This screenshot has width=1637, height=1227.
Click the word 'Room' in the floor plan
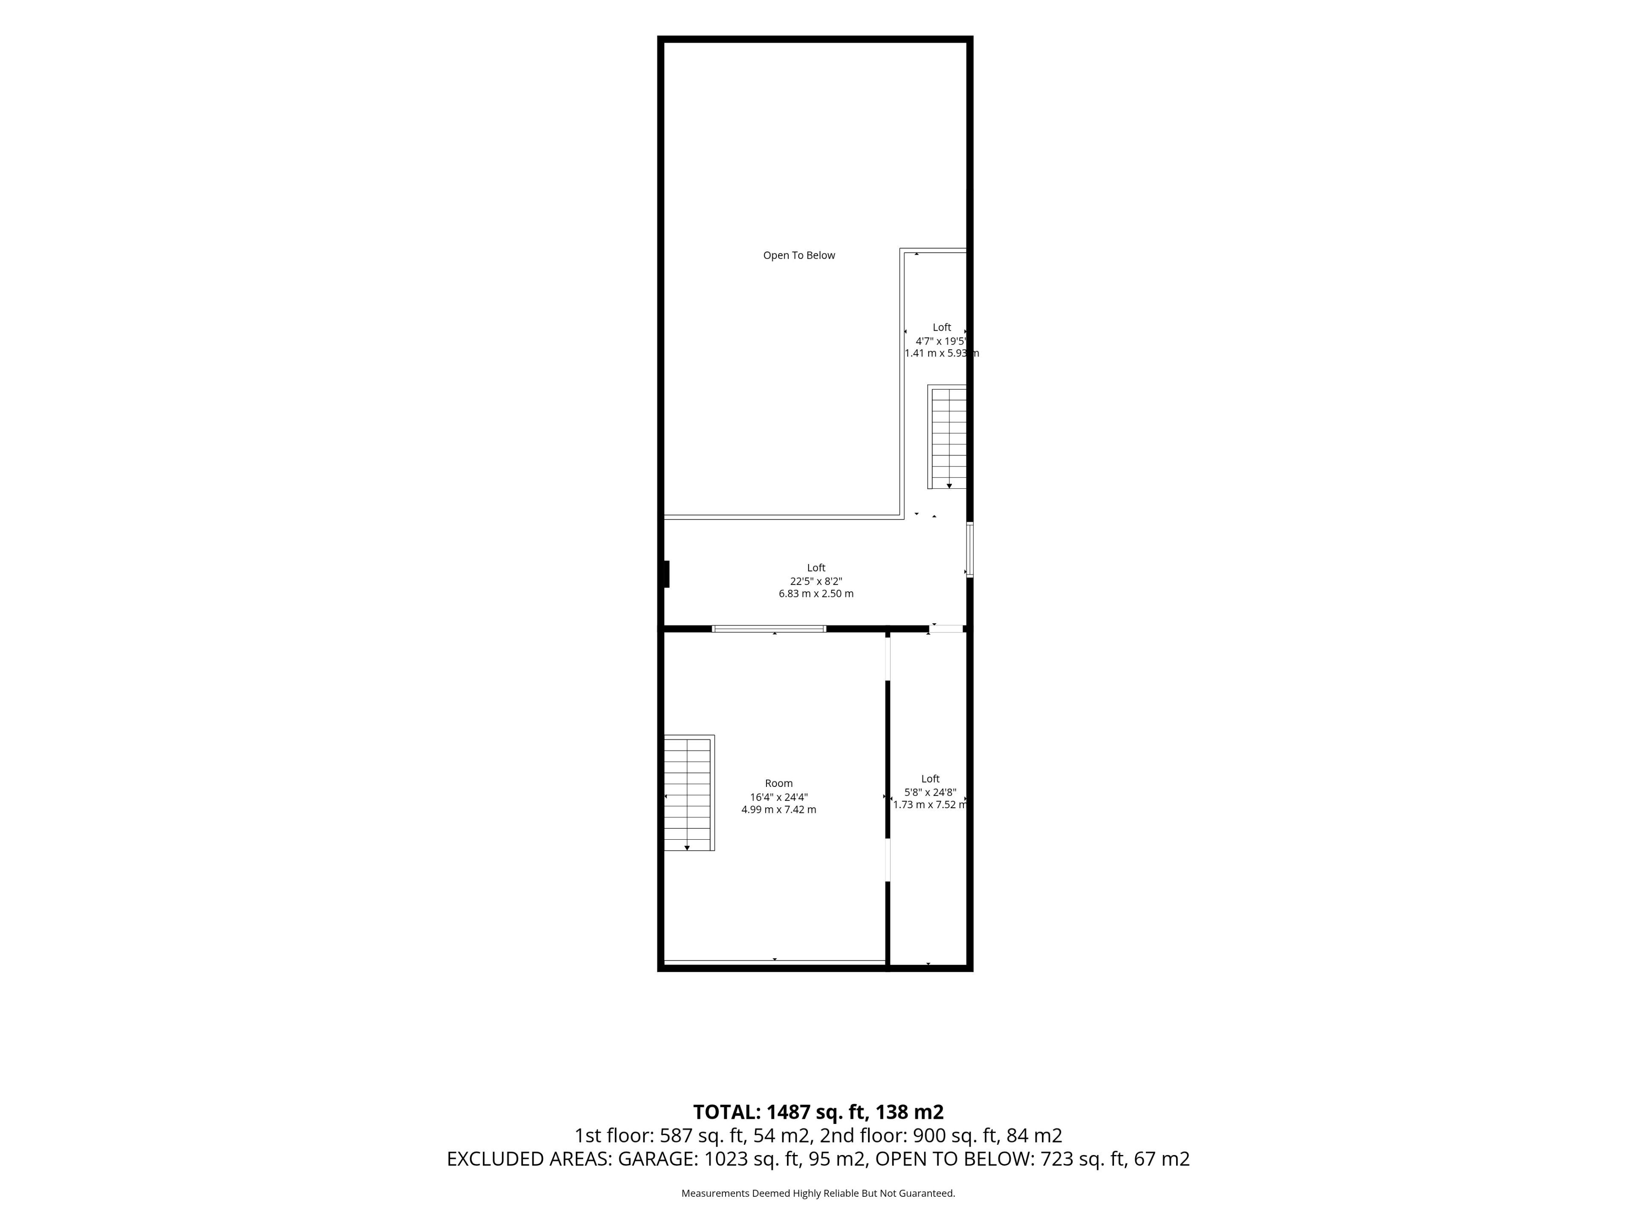[x=778, y=783]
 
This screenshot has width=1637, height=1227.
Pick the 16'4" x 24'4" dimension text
[x=778, y=797]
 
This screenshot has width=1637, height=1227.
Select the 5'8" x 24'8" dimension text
[x=930, y=792]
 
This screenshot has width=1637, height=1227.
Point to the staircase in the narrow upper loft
[x=947, y=436]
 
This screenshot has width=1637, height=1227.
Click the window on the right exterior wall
[x=969, y=550]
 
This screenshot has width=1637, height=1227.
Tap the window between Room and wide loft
[x=769, y=629]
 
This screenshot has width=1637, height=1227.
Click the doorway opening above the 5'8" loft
[x=946, y=629]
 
